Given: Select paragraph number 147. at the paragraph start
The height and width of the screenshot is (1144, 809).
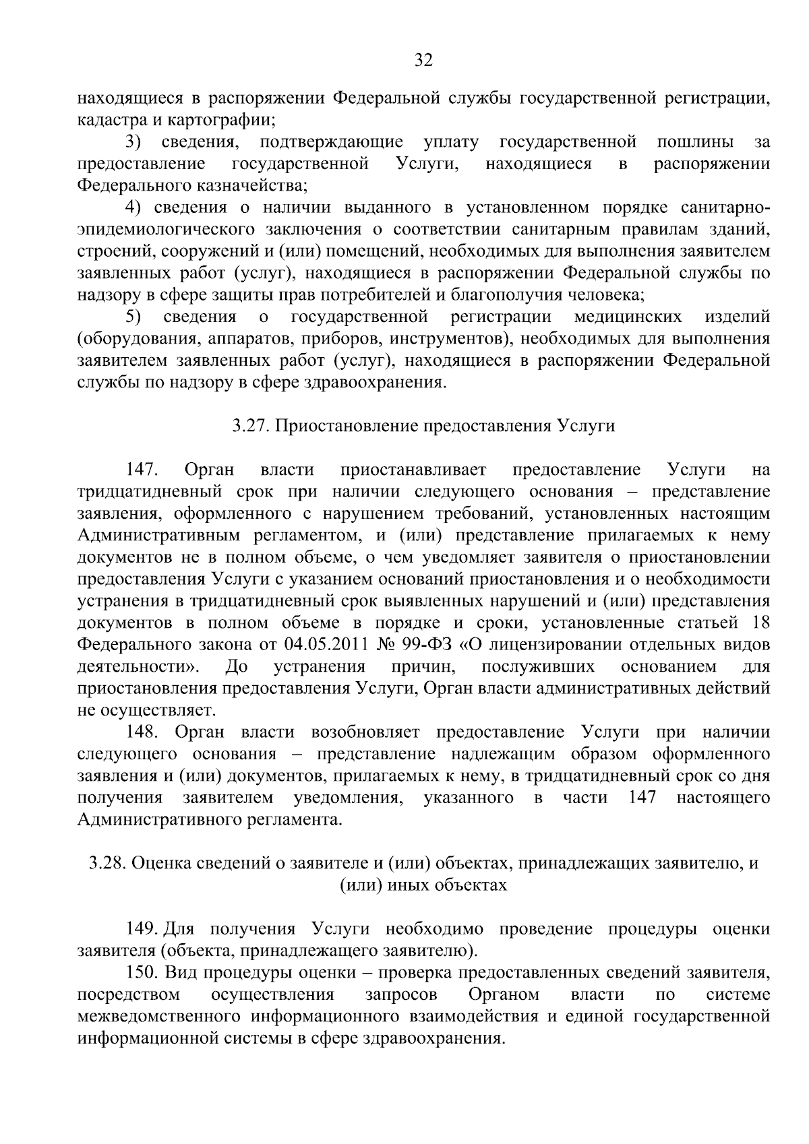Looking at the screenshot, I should pos(142,470).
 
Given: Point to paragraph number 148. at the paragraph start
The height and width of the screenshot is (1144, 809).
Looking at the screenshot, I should pos(142,732).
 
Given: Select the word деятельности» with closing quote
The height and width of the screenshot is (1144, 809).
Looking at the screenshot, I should pos(138,667).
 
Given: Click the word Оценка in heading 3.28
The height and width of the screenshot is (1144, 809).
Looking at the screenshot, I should pos(157,864).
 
